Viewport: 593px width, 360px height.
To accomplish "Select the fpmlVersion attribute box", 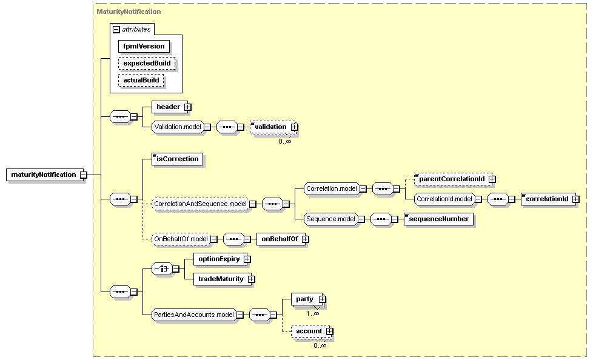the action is (x=144, y=46).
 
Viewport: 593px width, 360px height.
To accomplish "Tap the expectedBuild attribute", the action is (x=147, y=63).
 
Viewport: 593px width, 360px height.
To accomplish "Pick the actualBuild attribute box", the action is (x=141, y=80).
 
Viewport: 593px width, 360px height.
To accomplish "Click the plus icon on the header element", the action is (x=187, y=107).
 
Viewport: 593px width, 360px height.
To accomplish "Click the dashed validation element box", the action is (x=273, y=127).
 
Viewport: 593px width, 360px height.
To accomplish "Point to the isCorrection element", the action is (x=178, y=159).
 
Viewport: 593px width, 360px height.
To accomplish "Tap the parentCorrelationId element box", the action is (x=454, y=179).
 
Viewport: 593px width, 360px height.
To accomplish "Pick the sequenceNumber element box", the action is (x=439, y=219).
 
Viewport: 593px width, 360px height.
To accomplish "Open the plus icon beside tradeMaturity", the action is (x=252, y=279).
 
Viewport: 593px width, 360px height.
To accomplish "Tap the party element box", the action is (x=307, y=299).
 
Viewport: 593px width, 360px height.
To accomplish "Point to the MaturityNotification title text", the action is (x=129, y=12).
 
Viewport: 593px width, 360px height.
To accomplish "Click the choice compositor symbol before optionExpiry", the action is (x=162, y=269).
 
